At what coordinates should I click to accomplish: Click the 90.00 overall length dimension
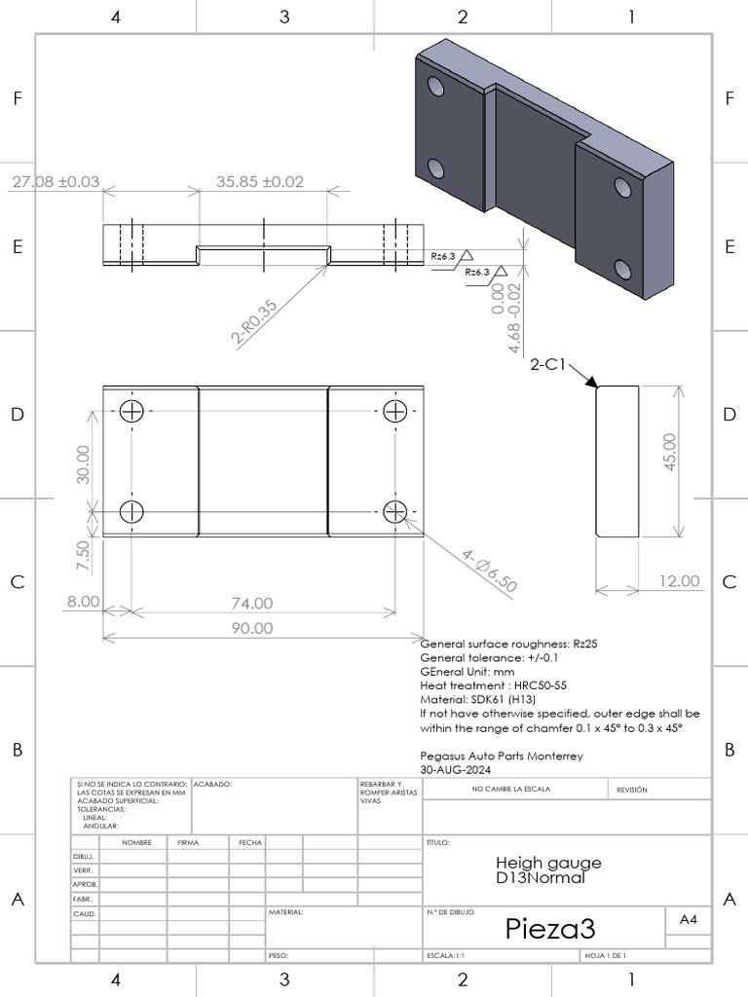coord(251,628)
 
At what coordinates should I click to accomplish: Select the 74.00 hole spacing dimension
coord(251,604)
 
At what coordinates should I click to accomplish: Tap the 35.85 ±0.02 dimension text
coord(260,182)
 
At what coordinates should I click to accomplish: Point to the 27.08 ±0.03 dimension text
coord(56,182)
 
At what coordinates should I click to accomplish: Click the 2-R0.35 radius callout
coord(255,321)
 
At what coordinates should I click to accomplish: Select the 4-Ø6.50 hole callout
coord(490,570)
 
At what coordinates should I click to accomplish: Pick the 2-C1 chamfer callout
coord(548,365)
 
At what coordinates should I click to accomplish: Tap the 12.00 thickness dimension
coord(679,581)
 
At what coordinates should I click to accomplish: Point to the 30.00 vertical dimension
coord(83,463)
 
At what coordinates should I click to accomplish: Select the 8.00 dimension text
coord(83,602)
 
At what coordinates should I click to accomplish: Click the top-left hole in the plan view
coord(131,411)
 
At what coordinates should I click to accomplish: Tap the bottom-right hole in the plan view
coord(394,511)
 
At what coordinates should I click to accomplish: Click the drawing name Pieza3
coord(549,928)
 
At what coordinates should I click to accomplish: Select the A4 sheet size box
coord(688,918)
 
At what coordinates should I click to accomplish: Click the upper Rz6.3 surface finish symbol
coord(450,255)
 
